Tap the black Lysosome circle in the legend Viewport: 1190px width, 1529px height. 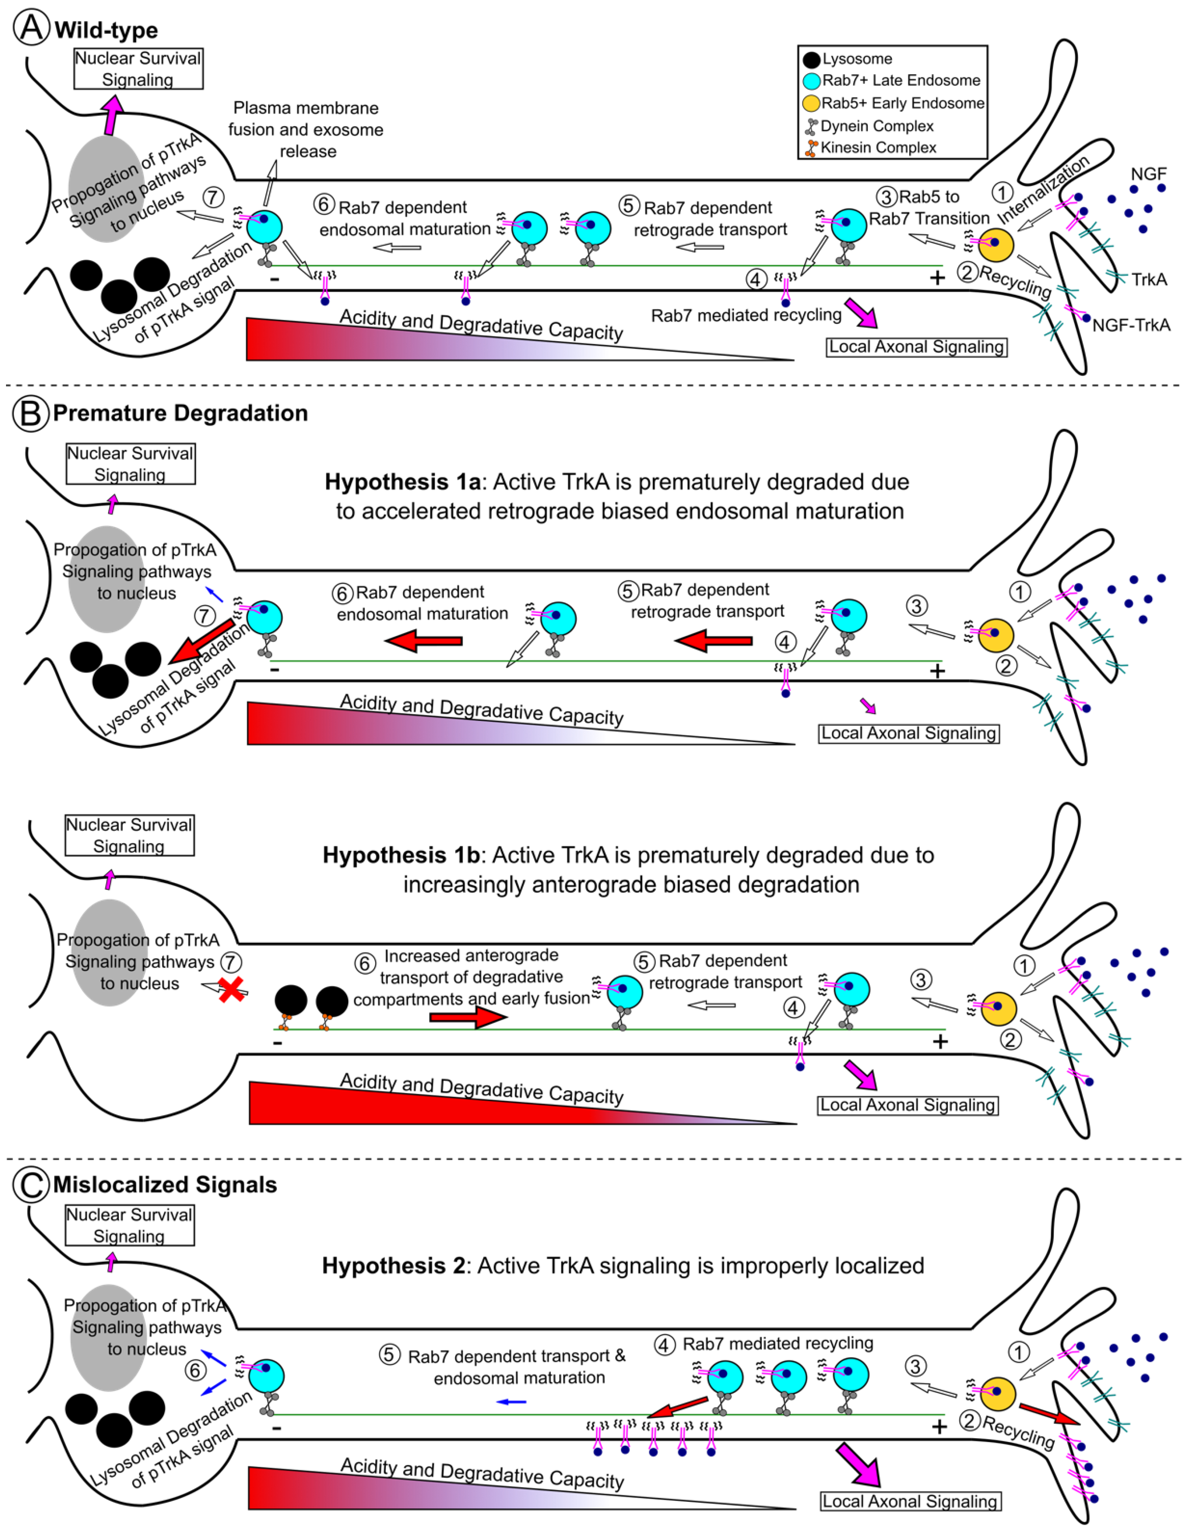click(x=812, y=59)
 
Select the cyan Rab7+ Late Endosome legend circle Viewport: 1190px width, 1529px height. click(x=812, y=81)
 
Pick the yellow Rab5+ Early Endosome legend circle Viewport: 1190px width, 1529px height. click(x=811, y=104)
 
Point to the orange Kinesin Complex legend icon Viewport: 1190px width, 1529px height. click(x=811, y=148)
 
